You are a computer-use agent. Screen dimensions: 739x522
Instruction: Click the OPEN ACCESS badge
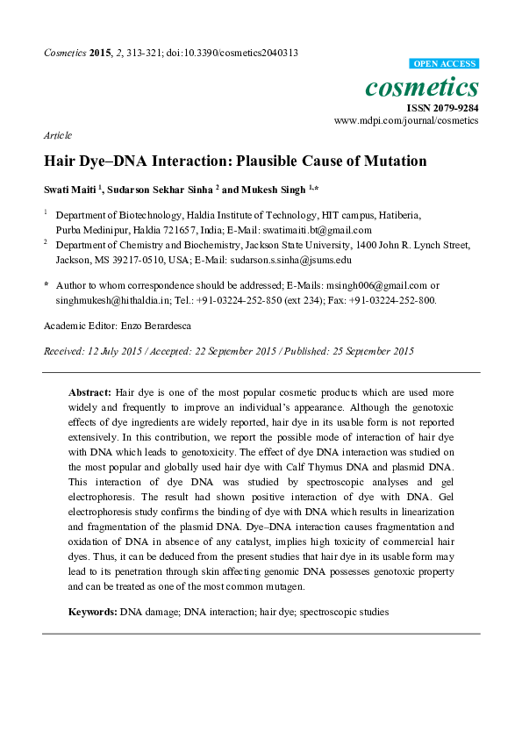[444, 64]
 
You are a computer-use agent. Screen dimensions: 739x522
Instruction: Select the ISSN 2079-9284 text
[442, 107]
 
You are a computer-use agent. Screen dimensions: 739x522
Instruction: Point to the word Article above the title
[57, 135]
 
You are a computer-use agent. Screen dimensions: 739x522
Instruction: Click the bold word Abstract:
[89, 390]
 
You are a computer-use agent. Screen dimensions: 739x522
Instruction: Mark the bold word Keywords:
[93, 610]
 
